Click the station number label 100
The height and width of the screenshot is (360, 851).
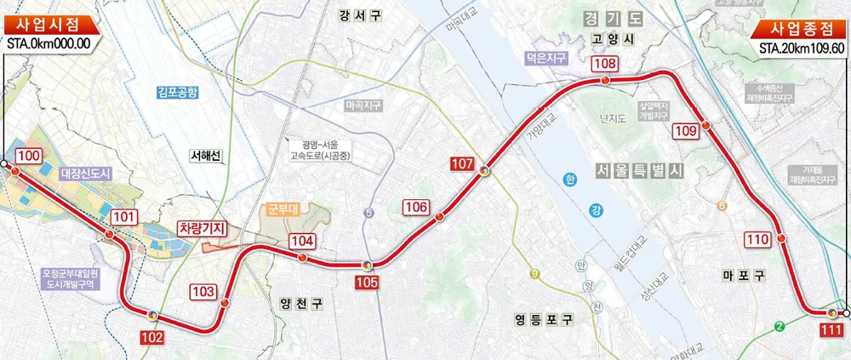pos(28,156)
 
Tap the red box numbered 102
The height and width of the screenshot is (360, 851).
pos(151,338)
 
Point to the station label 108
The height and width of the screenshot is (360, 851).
pos(605,64)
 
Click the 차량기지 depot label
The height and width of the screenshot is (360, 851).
pos(201,227)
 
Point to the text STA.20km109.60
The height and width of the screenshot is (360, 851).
pos(802,48)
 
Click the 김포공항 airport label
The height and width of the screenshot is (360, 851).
pos(178,92)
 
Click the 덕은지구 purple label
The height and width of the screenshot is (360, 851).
pos(545,59)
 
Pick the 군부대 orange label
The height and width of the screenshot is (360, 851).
pos(278,209)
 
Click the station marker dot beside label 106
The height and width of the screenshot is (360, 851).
pos(439,218)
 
